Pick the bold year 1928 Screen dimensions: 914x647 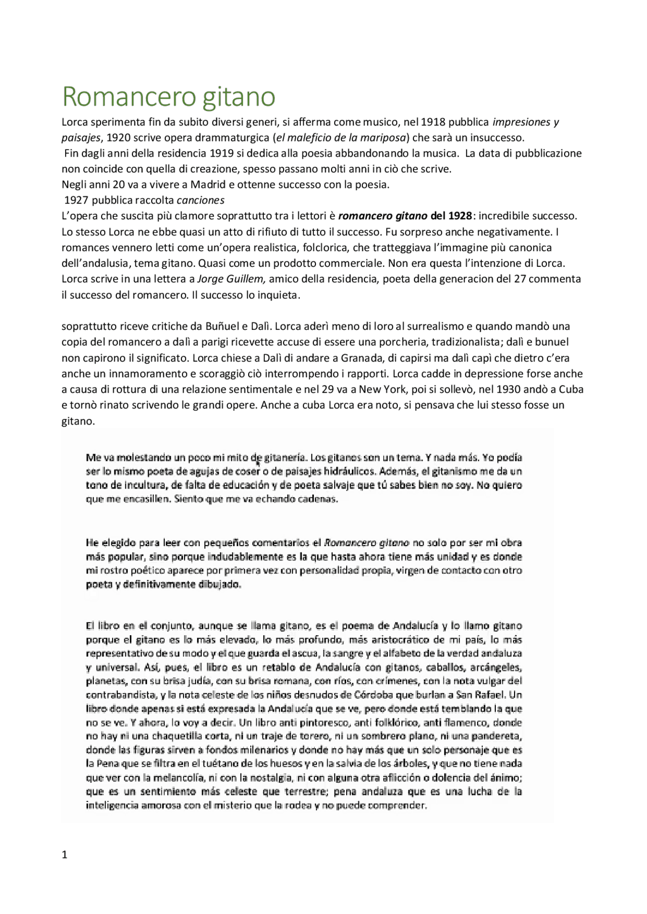(x=460, y=216)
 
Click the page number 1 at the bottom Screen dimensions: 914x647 (x=64, y=855)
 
